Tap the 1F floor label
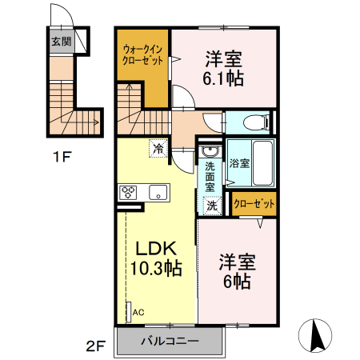click(x=62, y=157)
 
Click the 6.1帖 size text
click(x=223, y=78)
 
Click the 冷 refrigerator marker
click(x=158, y=148)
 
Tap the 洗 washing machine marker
click(x=211, y=205)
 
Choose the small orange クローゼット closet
click(x=254, y=204)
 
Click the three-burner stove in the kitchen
click(x=130, y=192)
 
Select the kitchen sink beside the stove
click(x=158, y=192)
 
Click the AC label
click(x=138, y=312)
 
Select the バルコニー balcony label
click(x=170, y=342)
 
